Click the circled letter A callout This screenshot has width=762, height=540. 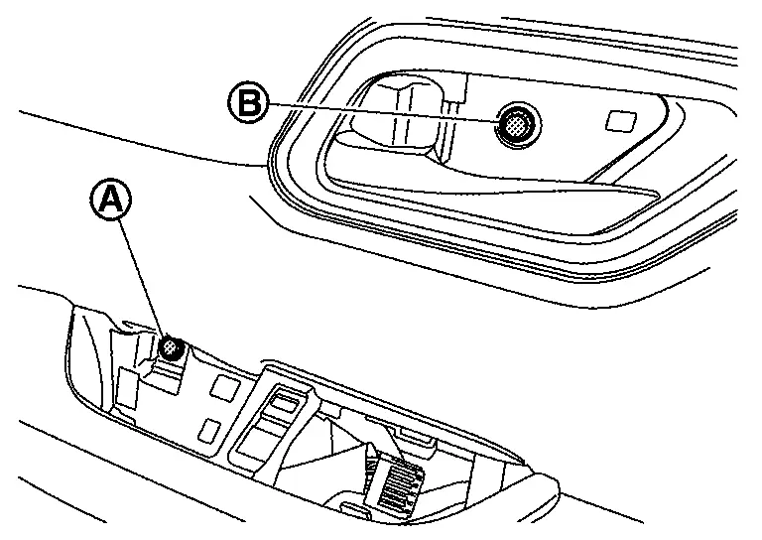tap(111, 200)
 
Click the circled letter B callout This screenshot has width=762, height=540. tap(248, 102)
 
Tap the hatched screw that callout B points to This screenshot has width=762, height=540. tap(518, 125)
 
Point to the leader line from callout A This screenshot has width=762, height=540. tap(142, 278)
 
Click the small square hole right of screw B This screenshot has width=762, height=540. tap(621, 121)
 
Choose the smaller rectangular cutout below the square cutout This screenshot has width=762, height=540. tap(210, 431)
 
